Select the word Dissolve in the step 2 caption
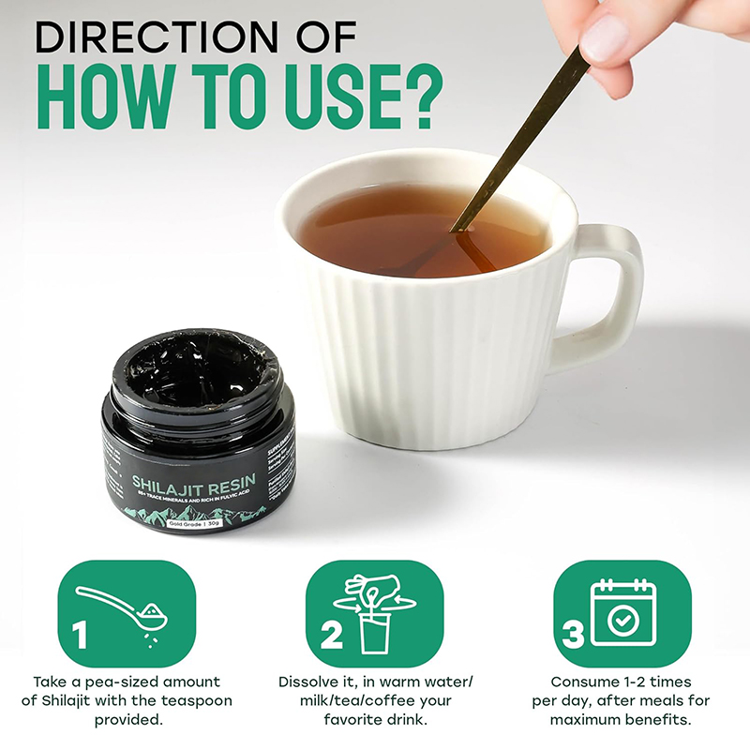[x=310, y=682]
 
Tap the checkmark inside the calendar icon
[x=621, y=620]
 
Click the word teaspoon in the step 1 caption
[x=196, y=700]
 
